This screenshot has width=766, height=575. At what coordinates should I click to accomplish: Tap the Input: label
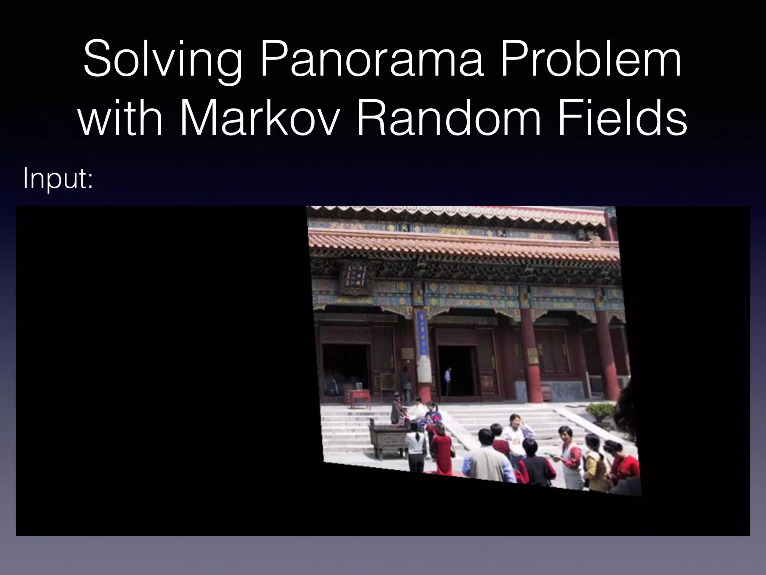coord(58,179)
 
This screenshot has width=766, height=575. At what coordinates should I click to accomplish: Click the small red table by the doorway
coord(360,398)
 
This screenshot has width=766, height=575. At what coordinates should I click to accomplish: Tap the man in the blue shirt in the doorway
coord(448,380)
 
